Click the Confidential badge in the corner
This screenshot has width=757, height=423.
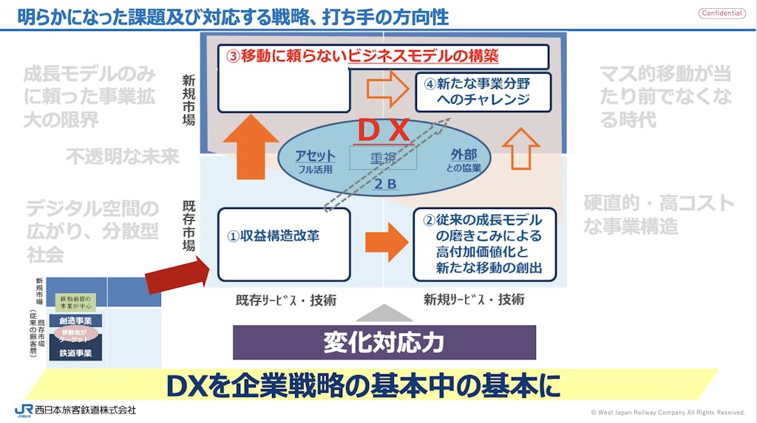722,13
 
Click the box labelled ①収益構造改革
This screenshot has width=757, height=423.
284,244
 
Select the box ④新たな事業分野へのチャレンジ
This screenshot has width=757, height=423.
483,92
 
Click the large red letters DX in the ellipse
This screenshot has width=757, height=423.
384,131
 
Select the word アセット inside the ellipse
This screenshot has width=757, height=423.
315,157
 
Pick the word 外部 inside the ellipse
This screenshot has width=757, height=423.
464,155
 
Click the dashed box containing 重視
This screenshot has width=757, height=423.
383,157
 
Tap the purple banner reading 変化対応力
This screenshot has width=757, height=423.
384,342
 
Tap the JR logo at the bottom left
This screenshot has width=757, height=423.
23,410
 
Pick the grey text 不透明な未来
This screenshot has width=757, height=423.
123,157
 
